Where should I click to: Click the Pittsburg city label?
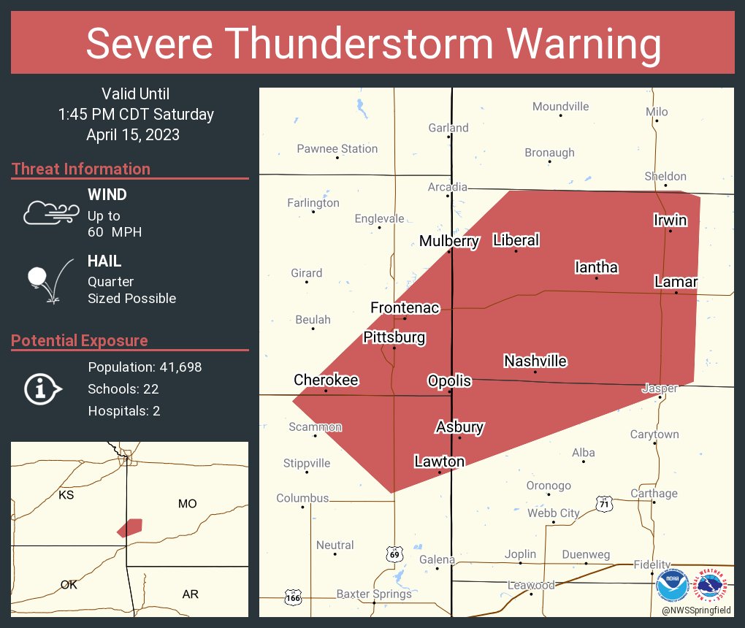394,337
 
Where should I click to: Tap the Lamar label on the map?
676,282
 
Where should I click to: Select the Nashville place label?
535,361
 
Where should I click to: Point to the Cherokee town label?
326,380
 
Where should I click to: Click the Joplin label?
520,554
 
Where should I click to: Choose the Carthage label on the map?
654,493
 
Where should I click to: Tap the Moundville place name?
560,107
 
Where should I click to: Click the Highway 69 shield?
394,555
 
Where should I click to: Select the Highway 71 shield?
603,503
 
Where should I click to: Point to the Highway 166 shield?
293,597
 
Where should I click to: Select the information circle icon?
42,388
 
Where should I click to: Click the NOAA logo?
672,586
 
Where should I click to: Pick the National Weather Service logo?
711,586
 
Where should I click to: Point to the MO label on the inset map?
188,504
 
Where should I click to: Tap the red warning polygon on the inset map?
130,527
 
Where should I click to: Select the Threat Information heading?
81,169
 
